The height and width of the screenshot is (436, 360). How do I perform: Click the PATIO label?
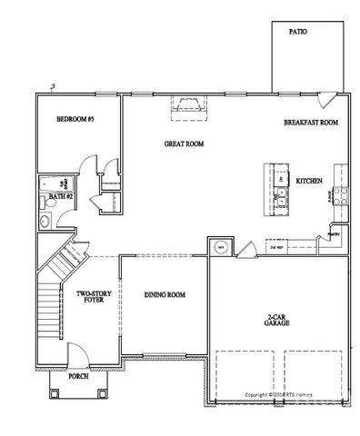297,31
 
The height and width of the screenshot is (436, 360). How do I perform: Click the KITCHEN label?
309,182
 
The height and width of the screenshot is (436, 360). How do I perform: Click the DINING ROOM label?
165,294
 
